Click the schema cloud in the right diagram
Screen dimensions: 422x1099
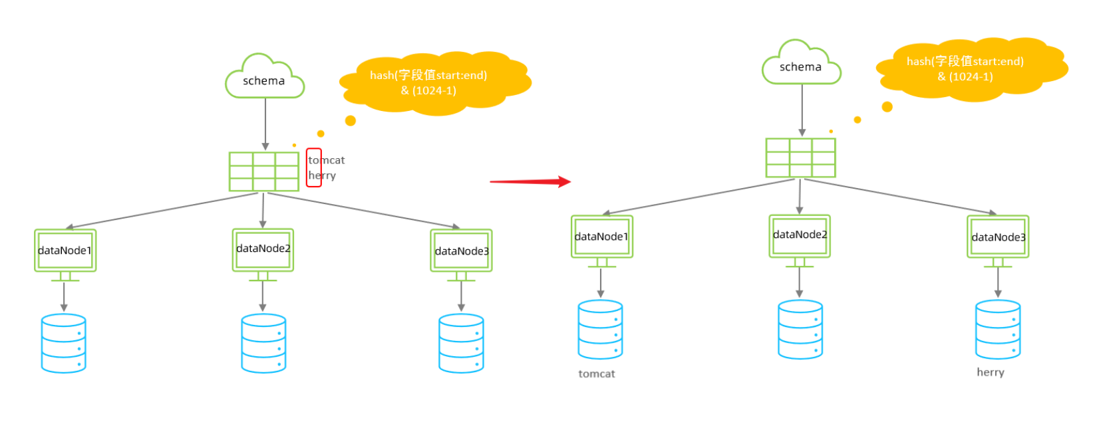(x=801, y=66)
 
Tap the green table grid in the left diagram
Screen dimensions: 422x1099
(x=264, y=171)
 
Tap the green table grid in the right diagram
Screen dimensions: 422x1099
(x=800, y=158)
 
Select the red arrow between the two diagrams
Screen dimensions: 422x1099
(x=530, y=181)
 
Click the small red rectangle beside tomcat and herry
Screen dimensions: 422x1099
(x=314, y=167)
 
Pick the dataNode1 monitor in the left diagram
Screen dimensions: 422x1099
(x=65, y=251)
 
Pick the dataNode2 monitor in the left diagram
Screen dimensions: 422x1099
(x=263, y=250)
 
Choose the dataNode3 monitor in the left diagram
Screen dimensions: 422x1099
(x=461, y=251)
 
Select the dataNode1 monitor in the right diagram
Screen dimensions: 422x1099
(x=601, y=237)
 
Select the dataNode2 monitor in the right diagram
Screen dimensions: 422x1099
(x=800, y=236)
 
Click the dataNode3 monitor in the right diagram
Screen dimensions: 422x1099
(x=998, y=237)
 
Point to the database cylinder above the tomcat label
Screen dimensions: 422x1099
(x=600, y=330)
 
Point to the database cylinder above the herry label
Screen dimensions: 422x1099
(x=998, y=330)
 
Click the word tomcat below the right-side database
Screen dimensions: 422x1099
(x=597, y=374)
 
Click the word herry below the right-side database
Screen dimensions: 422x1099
(x=991, y=372)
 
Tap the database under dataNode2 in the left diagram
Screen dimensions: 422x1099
(x=263, y=343)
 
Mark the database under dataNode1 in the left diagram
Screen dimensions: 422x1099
(x=64, y=343)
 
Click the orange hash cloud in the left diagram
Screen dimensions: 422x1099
(x=432, y=83)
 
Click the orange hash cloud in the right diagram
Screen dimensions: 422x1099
(x=968, y=69)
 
